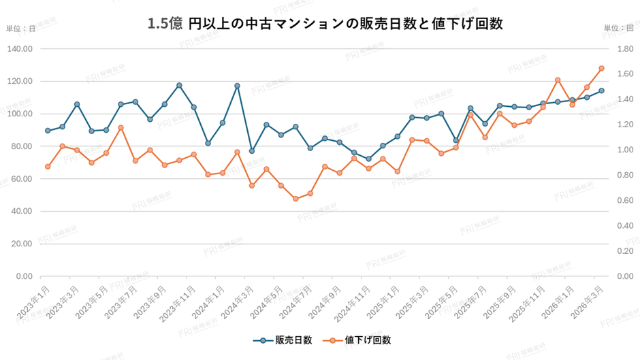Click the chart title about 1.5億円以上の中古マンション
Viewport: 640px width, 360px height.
(x=325, y=24)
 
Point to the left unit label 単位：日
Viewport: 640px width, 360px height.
(x=20, y=28)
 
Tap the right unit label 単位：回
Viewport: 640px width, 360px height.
(x=618, y=28)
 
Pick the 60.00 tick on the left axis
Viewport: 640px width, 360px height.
(x=21, y=178)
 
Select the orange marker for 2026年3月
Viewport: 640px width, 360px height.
(x=601, y=68)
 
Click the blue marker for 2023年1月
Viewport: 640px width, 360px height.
(x=48, y=131)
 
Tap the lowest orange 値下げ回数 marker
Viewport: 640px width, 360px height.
(x=295, y=199)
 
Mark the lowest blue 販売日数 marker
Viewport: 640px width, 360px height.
(x=368, y=159)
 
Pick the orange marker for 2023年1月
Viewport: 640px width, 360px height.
(x=48, y=167)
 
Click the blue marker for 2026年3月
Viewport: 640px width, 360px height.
(x=601, y=91)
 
